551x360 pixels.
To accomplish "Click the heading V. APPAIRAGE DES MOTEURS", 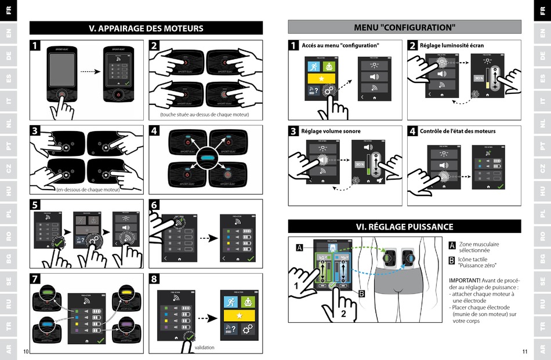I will click(x=146, y=28).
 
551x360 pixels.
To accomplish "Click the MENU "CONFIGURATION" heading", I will click(x=404, y=27).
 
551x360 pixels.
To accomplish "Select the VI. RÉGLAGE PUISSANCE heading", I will click(x=404, y=227).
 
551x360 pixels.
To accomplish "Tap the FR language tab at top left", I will click(x=8, y=10).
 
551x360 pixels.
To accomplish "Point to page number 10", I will click(x=26, y=352).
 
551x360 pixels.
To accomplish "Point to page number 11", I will click(x=525, y=352).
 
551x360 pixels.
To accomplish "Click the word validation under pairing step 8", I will click(x=204, y=347).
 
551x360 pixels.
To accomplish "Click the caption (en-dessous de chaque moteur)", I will click(x=88, y=190).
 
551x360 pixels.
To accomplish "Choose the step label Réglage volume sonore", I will click(x=331, y=132).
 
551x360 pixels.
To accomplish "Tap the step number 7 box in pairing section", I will click(x=36, y=279).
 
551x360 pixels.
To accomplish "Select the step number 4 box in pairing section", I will click(x=154, y=131).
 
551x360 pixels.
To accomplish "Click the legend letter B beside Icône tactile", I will click(x=452, y=260).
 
